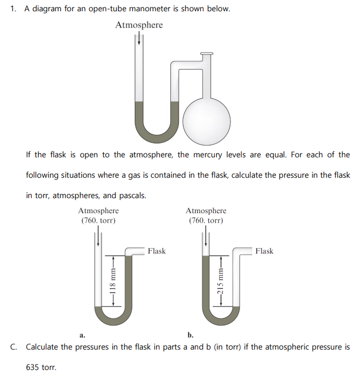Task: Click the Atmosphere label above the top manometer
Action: (139, 25)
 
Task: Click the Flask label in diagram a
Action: (157, 251)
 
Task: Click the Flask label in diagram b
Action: (264, 251)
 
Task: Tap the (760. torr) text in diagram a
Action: (98, 220)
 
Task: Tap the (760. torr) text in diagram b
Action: (206, 220)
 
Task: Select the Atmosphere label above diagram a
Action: (98, 210)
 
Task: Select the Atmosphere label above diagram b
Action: (206, 210)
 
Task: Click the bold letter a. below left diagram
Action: (82, 335)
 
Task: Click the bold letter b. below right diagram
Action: (191, 335)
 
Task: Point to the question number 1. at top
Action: (14, 10)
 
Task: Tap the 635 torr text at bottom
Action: (41, 368)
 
